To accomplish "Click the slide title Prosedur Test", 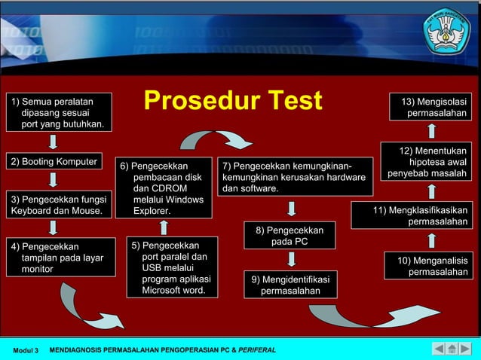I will [232, 100].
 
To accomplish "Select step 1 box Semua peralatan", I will [59, 112].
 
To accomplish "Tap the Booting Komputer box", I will [54, 162].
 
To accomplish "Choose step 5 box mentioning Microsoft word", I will [171, 267].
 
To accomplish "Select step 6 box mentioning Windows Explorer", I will [163, 188].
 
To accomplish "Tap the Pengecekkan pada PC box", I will [290, 236].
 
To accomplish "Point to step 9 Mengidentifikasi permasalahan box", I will [290, 285].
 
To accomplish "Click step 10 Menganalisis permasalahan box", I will [428, 266].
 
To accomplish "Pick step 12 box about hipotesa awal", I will [426, 162].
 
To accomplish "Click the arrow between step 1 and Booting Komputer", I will [53, 142].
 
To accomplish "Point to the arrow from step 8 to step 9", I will [290, 259].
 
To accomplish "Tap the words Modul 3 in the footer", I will [26, 350].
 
